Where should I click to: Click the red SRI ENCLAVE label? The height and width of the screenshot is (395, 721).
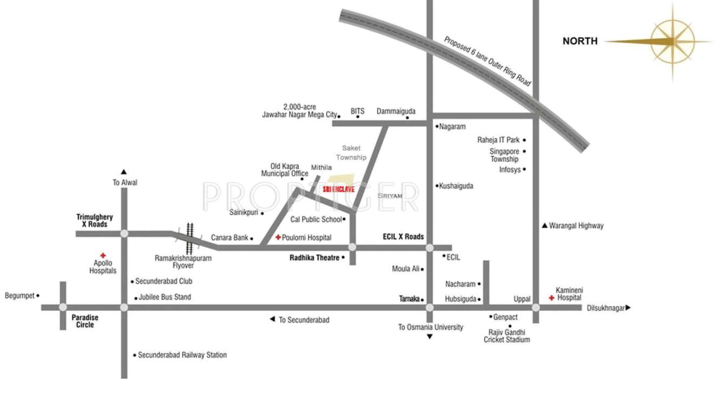[x=338, y=189]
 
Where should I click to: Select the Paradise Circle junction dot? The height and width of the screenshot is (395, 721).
[x=63, y=307]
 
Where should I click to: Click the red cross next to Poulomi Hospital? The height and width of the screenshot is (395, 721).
[x=278, y=237]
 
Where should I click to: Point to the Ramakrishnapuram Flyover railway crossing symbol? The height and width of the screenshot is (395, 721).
[x=190, y=238]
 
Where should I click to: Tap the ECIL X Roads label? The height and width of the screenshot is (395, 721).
[x=403, y=237]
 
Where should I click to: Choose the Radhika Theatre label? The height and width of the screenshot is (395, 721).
[x=314, y=258]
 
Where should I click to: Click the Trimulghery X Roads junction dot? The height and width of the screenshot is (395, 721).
[x=124, y=233]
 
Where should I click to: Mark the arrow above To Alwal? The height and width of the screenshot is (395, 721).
[x=124, y=172]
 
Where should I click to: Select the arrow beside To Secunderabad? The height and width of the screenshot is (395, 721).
[x=273, y=320]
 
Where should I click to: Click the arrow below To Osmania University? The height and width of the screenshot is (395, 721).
[x=430, y=337]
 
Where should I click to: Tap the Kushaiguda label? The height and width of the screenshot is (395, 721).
[x=456, y=186]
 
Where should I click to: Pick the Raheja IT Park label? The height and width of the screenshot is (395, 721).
[x=498, y=140]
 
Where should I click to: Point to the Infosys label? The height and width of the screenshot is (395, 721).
[x=510, y=169]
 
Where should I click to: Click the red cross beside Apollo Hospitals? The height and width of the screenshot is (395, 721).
[x=103, y=255]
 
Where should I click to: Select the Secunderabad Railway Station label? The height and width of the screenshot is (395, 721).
[x=182, y=355]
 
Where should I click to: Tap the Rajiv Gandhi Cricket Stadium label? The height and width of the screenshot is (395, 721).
[x=507, y=336]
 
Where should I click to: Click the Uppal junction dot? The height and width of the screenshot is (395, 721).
[x=535, y=307]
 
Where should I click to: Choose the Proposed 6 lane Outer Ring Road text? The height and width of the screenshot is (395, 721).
[x=488, y=61]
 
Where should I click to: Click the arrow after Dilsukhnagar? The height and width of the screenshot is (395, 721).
[x=628, y=308]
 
